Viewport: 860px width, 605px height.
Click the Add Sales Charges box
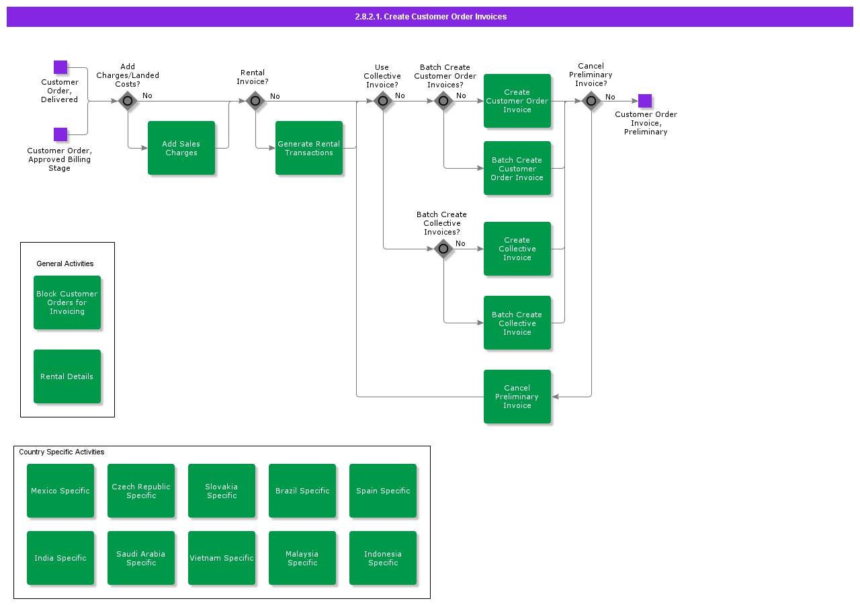181,148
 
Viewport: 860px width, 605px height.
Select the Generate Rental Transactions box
309,148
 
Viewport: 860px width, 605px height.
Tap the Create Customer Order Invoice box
517,101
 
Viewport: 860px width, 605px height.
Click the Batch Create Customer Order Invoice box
517,168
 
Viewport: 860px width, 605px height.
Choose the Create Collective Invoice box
517,249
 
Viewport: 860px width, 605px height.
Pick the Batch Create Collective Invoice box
517,323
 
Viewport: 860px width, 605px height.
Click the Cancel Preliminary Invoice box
517,397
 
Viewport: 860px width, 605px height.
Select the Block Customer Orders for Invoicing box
67,302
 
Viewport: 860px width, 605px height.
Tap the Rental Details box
67,376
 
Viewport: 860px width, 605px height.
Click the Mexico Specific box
60,491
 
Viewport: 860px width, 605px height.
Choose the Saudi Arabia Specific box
141,558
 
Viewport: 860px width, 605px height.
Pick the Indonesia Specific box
383,558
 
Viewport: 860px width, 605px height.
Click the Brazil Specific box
302,491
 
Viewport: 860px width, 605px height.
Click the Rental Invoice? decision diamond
255,101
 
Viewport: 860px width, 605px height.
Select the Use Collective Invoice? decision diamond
383,101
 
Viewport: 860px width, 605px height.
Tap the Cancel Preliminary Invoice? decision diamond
591,101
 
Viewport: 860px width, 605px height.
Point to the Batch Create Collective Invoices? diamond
443,249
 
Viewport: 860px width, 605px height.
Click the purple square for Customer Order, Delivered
60,67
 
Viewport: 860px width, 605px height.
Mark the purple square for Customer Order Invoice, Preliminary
645,101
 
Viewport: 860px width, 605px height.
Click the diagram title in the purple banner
430,17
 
